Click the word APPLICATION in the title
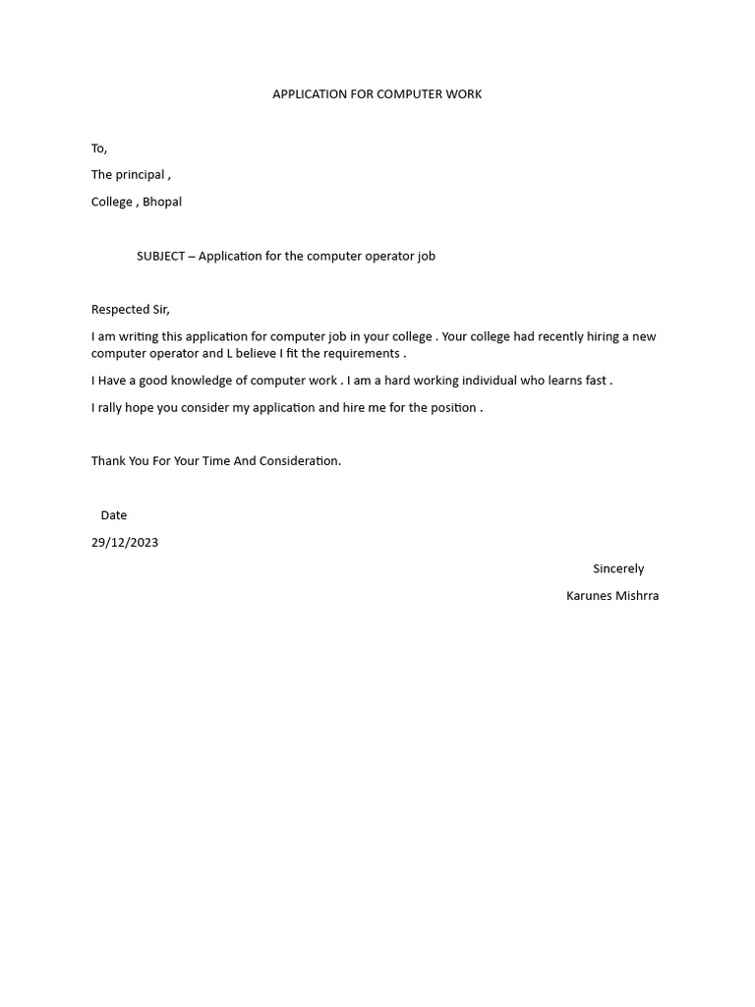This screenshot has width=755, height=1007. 310,94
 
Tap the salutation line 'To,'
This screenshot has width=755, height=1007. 99,148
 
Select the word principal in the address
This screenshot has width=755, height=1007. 141,175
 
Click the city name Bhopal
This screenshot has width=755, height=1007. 162,202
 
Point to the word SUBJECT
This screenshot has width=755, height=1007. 160,256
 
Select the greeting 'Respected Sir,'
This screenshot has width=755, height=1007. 131,309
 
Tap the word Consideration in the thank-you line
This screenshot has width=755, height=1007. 298,461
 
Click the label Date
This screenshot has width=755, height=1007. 113,515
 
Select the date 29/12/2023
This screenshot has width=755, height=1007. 125,542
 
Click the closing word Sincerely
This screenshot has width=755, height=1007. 618,568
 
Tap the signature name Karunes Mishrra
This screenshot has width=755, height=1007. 612,596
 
